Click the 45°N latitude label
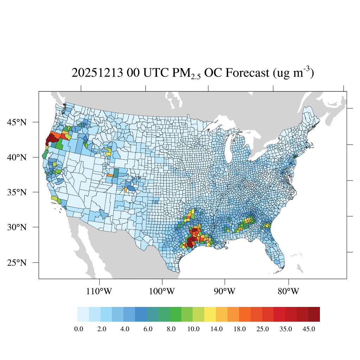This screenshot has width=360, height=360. [x=17, y=122]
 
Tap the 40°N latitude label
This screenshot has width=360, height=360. [x=17, y=157]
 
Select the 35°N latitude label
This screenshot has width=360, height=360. [x=17, y=192]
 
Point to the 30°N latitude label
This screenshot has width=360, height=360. [x=17, y=227]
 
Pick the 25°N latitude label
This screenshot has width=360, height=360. [x=17, y=263]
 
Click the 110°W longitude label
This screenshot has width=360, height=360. [x=100, y=291]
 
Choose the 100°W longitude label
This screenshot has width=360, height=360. [x=162, y=291]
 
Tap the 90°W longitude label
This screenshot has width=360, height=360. [x=225, y=291]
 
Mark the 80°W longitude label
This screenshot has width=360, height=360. [x=288, y=291]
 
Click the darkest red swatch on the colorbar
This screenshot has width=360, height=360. [x=314, y=314]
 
